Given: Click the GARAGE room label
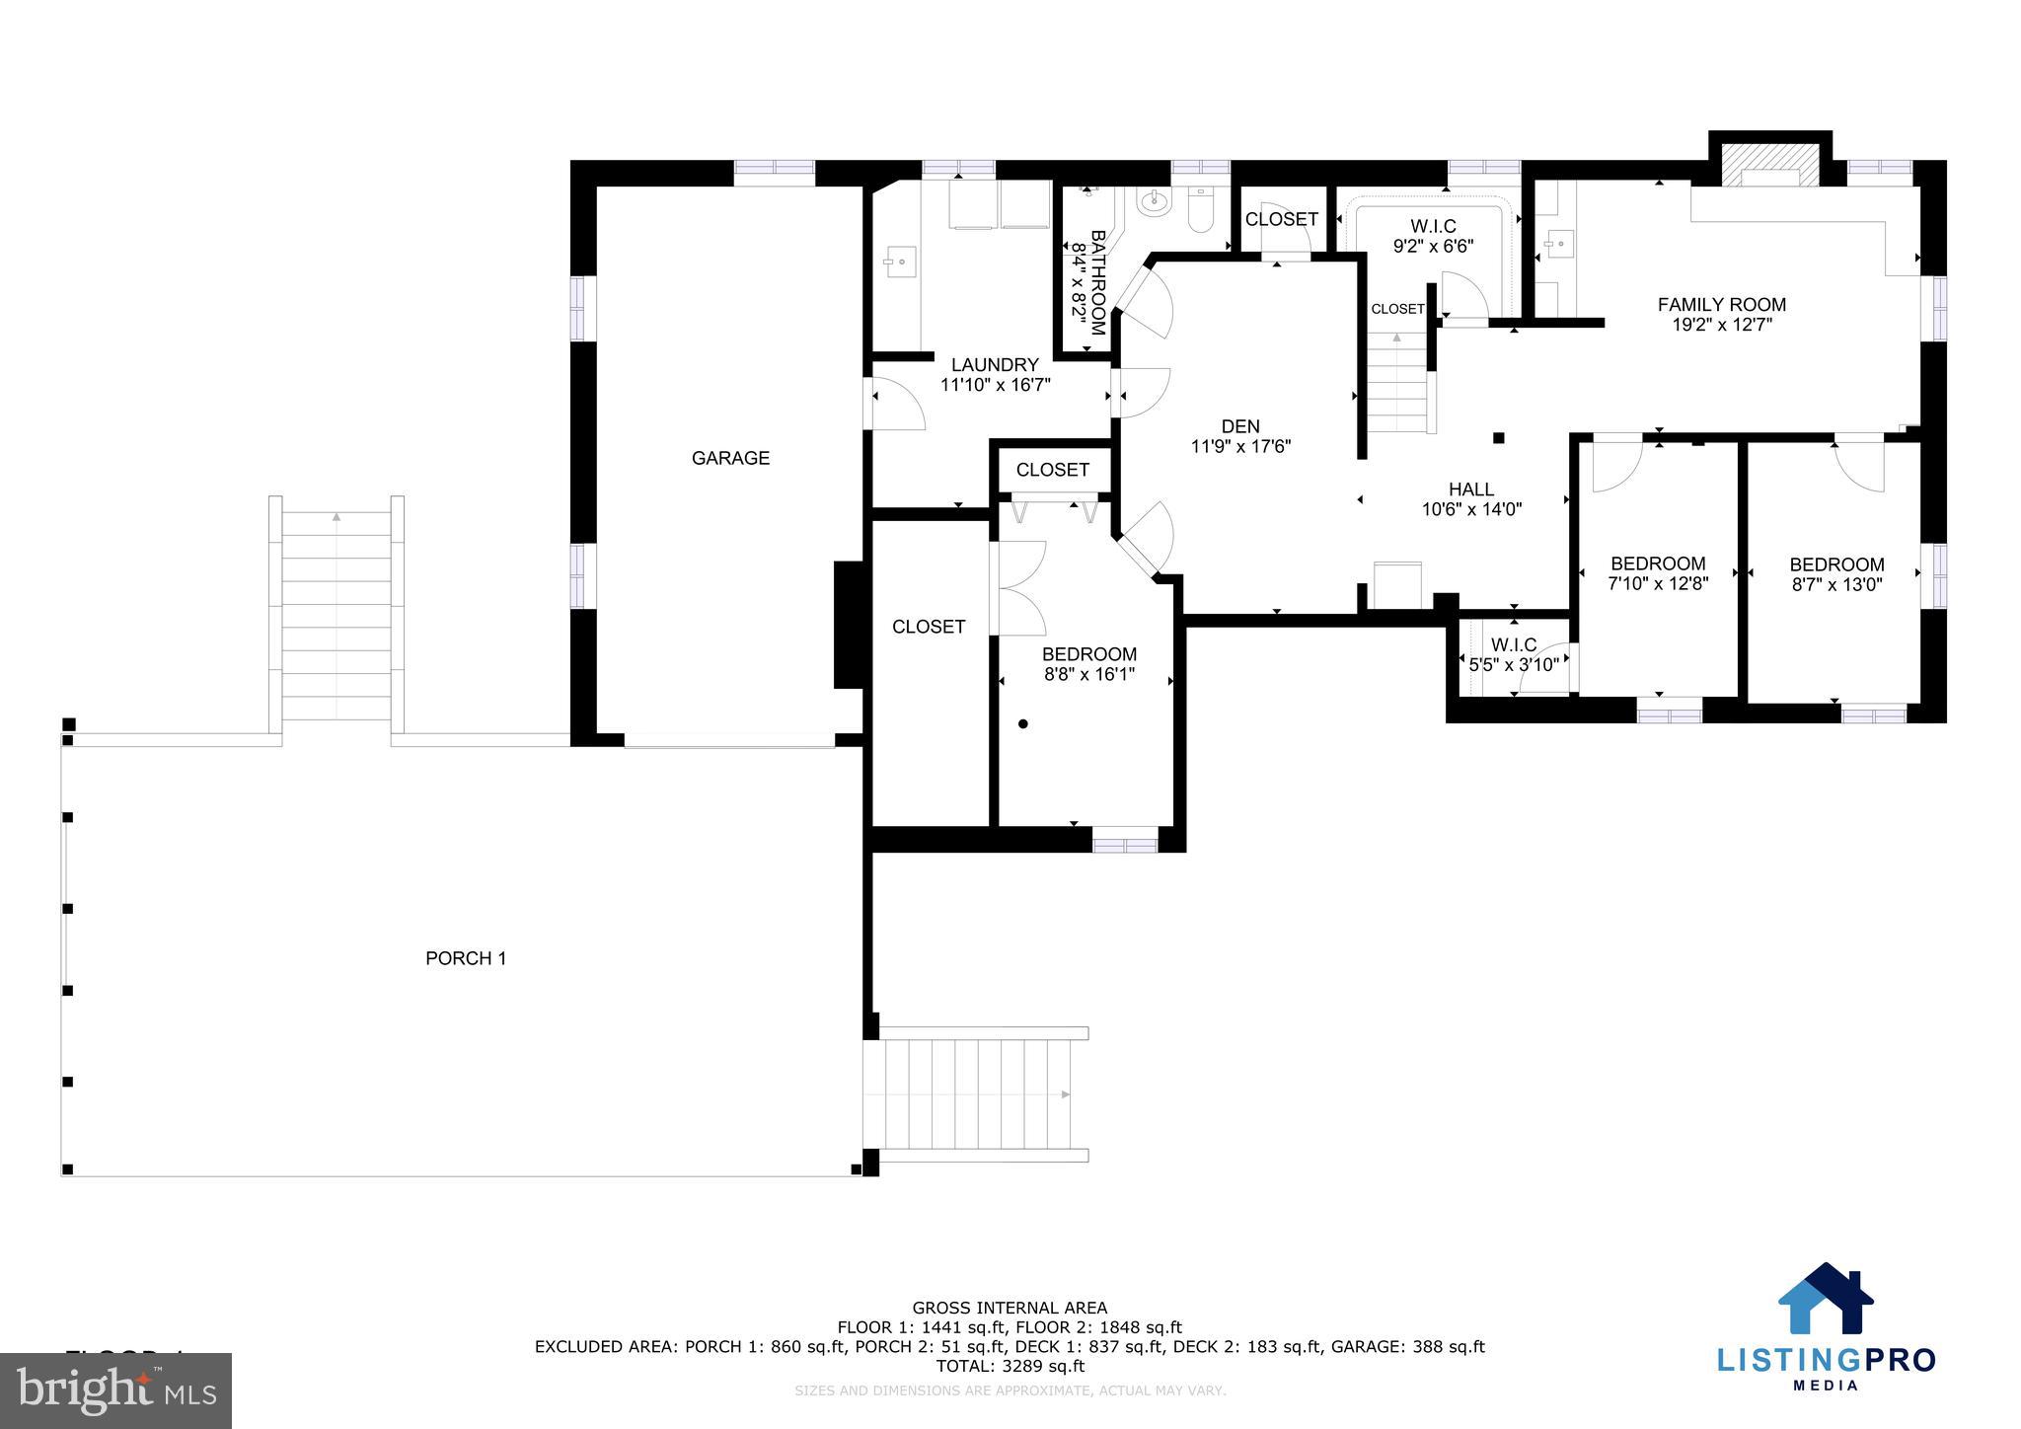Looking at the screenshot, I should [x=730, y=458].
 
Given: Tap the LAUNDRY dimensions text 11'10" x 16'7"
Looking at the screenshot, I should [x=995, y=385].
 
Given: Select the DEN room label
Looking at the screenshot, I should [x=1240, y=426].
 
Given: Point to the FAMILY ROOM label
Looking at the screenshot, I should [x=1722, y=305].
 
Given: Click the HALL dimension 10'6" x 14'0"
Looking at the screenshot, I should [x=1471, y=509].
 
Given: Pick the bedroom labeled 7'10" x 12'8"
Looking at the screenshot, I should [x=1658, y=573].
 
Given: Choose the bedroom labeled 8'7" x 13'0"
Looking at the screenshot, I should [x=1836, y=574].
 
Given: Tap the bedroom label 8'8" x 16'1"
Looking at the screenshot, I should [x=1089, y=664].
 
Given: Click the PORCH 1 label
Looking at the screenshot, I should [x=466, y=958].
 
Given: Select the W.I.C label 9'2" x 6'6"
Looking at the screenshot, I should [x=1433, y=237].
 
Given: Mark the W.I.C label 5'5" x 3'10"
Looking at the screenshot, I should [x=1514, y=655].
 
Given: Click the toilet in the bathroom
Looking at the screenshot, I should [x=1200, y=210].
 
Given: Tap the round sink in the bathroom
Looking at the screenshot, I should [x=1152, y=203].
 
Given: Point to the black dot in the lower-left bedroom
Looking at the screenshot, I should [x=1023, y=724].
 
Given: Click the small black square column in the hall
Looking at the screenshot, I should [x=1498, y=437].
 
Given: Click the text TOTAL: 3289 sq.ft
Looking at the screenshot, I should [x=1010, y=1366].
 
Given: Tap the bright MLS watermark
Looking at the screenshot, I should [x=115, y=1391].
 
